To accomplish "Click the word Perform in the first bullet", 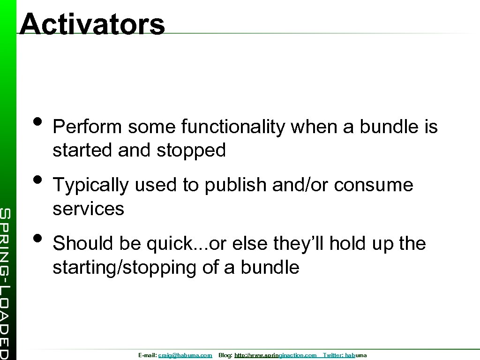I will click(x=87, y=127).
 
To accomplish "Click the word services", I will click(x=88, y=209).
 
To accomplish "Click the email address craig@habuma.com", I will click(x=185, y=356).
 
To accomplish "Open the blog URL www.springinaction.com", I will click(x=283, y=356).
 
